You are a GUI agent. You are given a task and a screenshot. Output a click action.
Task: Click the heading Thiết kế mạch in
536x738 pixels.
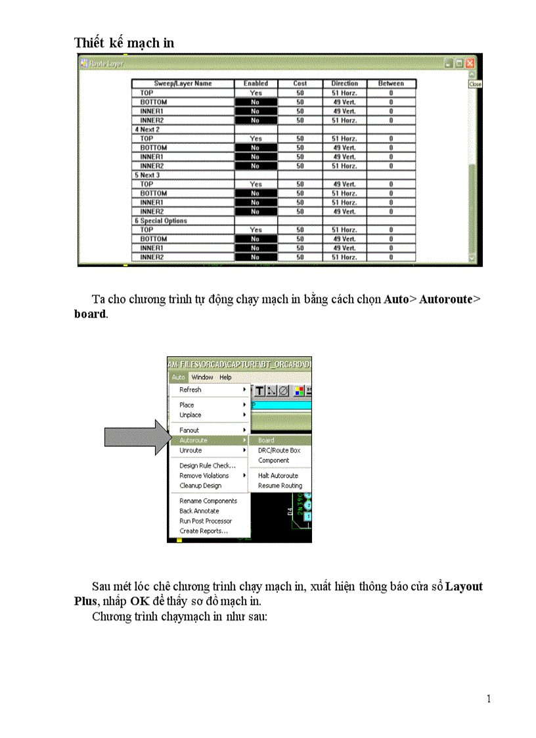[x=124, y=43]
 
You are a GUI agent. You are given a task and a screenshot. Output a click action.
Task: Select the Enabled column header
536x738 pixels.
[x=256, y=83]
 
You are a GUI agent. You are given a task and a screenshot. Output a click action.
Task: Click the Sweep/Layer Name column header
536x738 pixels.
[x=183, y=83]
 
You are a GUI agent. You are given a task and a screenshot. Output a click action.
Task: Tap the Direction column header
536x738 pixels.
[x=344, y=83]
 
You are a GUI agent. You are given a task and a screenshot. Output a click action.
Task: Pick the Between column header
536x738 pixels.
[x=391, y=83]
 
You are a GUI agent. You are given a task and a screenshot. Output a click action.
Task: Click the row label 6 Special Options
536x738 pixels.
[x=161, y=221]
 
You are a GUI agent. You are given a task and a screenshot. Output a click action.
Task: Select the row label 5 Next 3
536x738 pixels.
[x=147, y=175]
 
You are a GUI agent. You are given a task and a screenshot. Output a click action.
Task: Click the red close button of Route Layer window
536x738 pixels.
[x=470, y=63]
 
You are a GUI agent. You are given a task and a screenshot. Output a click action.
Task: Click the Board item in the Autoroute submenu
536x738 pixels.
[x=266, y=440]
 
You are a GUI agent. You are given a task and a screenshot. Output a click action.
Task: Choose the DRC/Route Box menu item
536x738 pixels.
[x=279, y=450]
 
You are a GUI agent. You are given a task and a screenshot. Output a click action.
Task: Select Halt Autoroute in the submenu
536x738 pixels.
[x=278, y=475]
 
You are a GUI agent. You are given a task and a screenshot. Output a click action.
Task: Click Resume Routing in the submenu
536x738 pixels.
[x=280, y=486]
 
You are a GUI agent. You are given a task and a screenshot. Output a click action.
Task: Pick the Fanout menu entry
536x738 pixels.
[x=189, y=430]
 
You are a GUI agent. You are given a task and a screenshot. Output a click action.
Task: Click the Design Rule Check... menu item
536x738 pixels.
[x=208, y=465]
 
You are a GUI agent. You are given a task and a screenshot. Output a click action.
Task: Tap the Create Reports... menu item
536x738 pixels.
[x=204, y=531]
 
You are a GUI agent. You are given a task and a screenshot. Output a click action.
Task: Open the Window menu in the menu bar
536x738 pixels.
[x=202, y=377]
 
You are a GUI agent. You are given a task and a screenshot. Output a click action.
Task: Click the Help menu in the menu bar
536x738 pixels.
[x=225, y=377]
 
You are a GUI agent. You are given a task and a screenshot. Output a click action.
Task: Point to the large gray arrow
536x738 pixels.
[x=135, y=437]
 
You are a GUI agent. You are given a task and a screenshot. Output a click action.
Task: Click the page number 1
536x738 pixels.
[x=488, y=699]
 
